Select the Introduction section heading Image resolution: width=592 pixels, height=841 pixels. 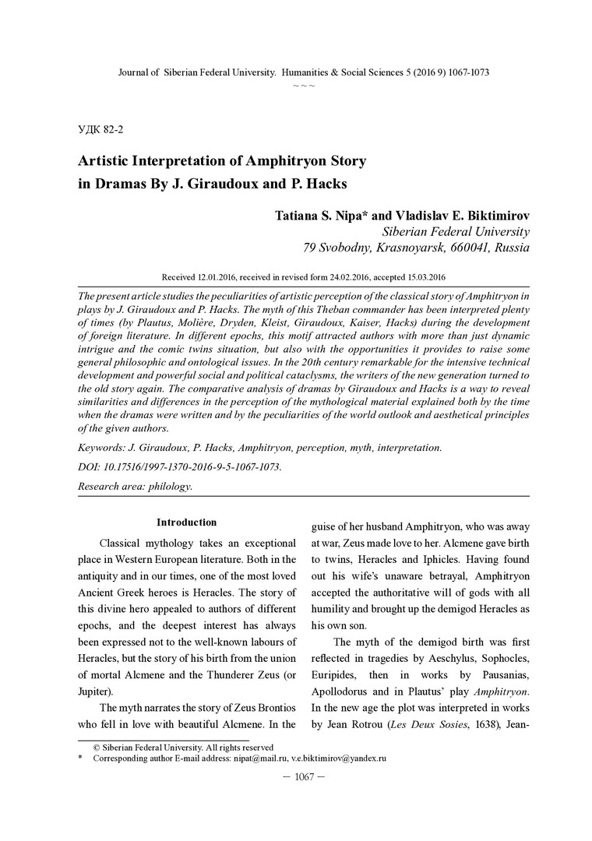click(x=186, y=522)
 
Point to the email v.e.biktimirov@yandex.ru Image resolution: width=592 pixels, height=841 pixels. click(x=338, y=757)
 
